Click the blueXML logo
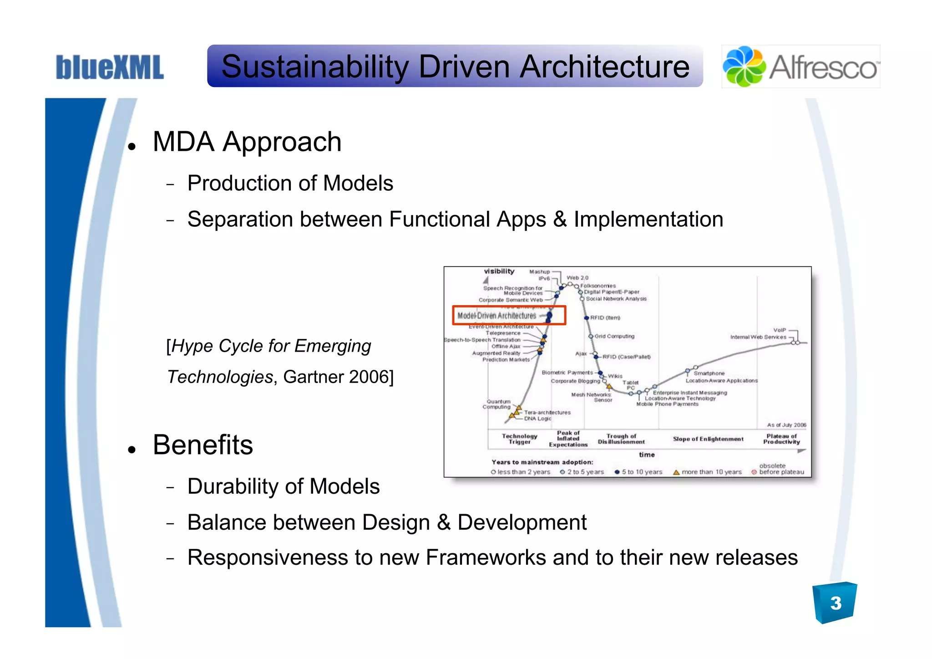click(x=109, y=67)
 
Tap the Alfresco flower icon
click(x=744, y=66)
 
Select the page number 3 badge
click(x=835, y=603)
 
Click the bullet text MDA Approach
click(x=247, y=142)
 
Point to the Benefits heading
click(x=203, y=445)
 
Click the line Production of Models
click(x=290, y=184)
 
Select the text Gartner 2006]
click(x=338, y=377)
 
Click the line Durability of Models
click(x=283, y=486)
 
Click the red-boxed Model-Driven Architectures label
click(x=497, y=316)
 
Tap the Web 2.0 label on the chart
click(x=577, y=277)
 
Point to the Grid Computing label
click(x=614, y=336)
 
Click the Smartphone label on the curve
click(x=709, y=373)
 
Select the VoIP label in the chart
click(x=779, y=330)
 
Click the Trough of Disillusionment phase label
click(x=621, y=439)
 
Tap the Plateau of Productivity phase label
click(x=781, y=439)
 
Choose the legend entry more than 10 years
click(x=711, y=472)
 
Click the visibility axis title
click(x=499, y=271)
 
